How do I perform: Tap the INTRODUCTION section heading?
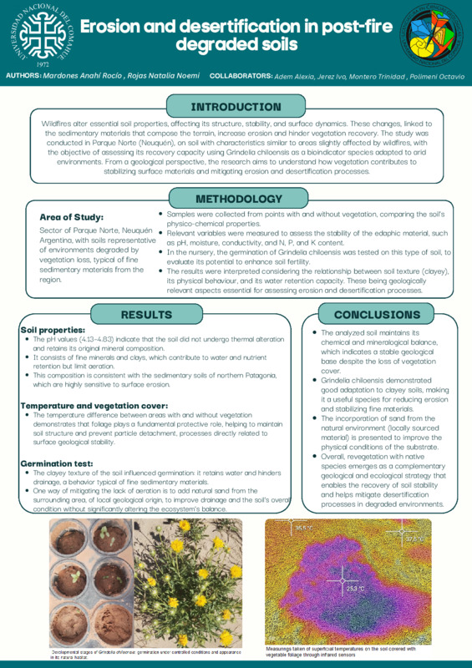(236, 107)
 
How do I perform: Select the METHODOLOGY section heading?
(238, 200)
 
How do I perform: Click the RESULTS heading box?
(146, 315)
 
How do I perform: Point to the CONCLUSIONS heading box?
(377, 315)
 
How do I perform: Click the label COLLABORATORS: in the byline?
(241, 75)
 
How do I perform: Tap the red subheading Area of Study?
(72, 217)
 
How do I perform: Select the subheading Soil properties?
(53, 331)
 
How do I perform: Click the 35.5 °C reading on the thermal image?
(301, 529)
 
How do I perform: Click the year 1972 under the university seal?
(43, 63)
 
